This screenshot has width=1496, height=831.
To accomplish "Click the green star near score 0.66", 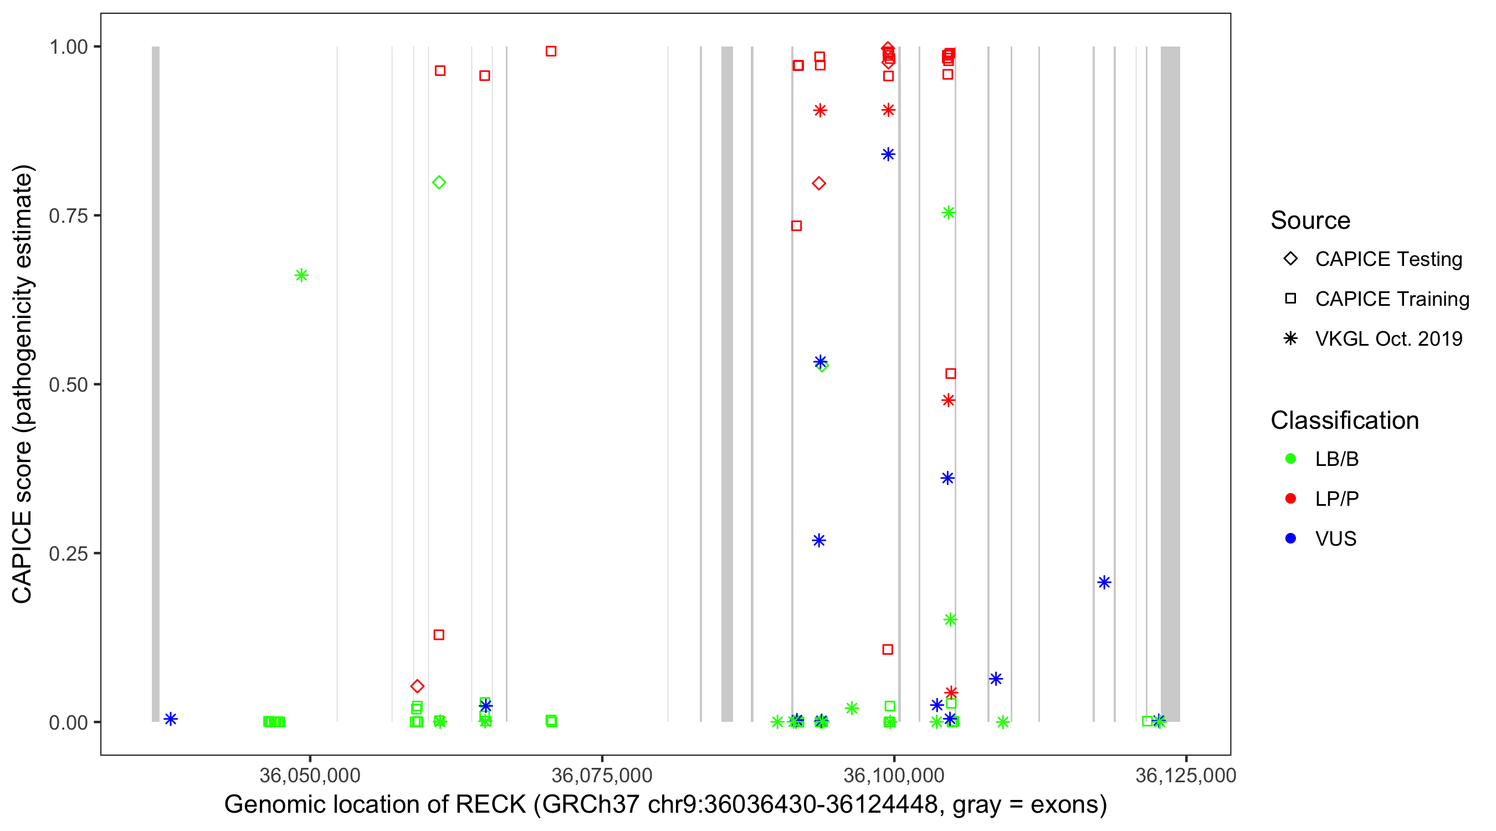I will click(301, 275).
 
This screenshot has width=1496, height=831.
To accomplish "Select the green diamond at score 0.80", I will click(439, 182).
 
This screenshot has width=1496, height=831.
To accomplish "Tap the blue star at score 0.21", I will click(1104, 582).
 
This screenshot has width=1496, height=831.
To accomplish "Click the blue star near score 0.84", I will click(888, 154).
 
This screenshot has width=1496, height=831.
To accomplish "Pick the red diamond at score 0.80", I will click(819, 183).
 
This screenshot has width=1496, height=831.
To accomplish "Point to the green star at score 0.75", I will click(949, 213).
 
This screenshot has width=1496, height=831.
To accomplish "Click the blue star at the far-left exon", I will click(170, 719).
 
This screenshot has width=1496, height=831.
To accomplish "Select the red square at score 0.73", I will click(796, 225).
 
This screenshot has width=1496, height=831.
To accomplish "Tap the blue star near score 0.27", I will click(819, 541).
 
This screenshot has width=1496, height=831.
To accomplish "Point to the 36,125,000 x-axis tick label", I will click(1185, 775).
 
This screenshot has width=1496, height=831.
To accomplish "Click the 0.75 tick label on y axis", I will click(68, 216).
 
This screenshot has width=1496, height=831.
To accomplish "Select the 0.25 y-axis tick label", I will click(68, 553).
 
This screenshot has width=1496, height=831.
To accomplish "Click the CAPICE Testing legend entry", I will click(1388, 259).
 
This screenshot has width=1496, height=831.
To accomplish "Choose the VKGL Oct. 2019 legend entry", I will click(1388, 338).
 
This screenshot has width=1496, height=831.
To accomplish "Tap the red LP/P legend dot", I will click(1290, 499).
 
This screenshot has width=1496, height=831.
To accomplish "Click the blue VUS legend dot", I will click(1290, 538).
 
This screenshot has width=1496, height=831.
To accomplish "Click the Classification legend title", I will click(1344, 420).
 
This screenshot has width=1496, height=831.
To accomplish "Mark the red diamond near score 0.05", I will click(417, 686).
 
